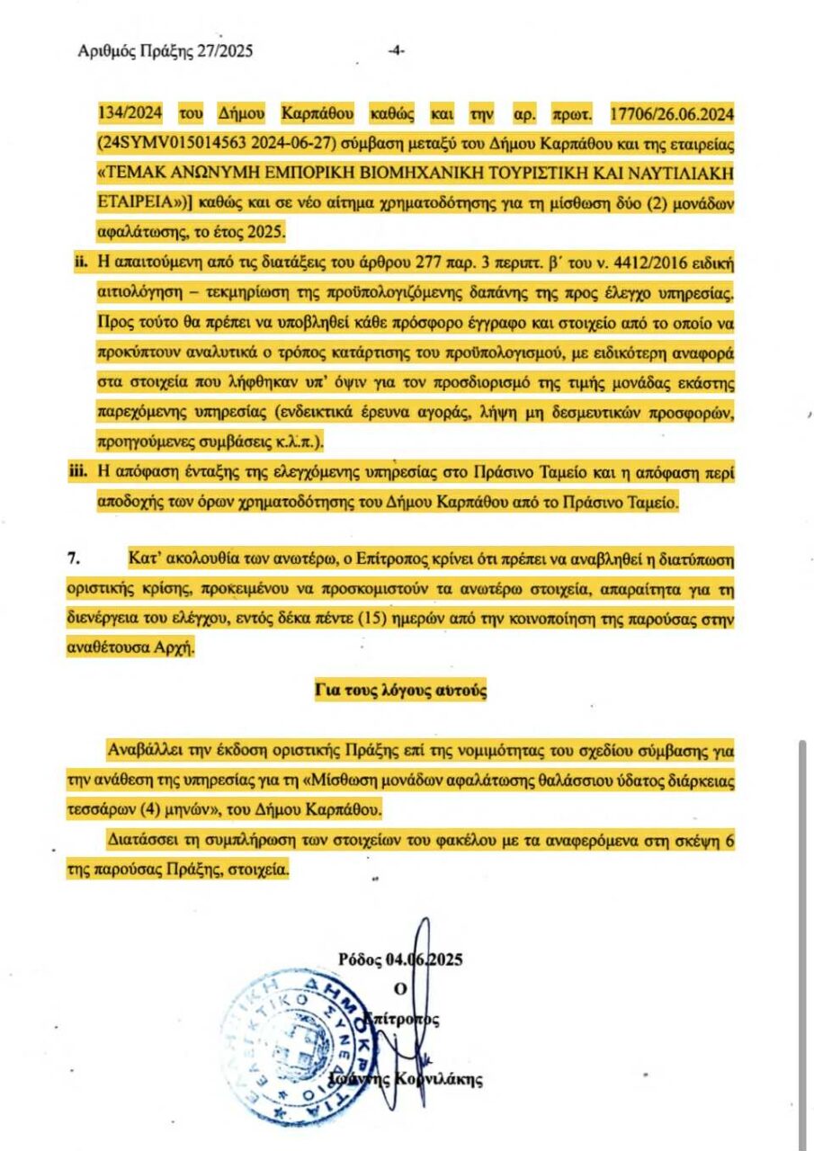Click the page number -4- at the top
click(x=396, y=51)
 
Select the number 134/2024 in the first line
click(x=127, y=114)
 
